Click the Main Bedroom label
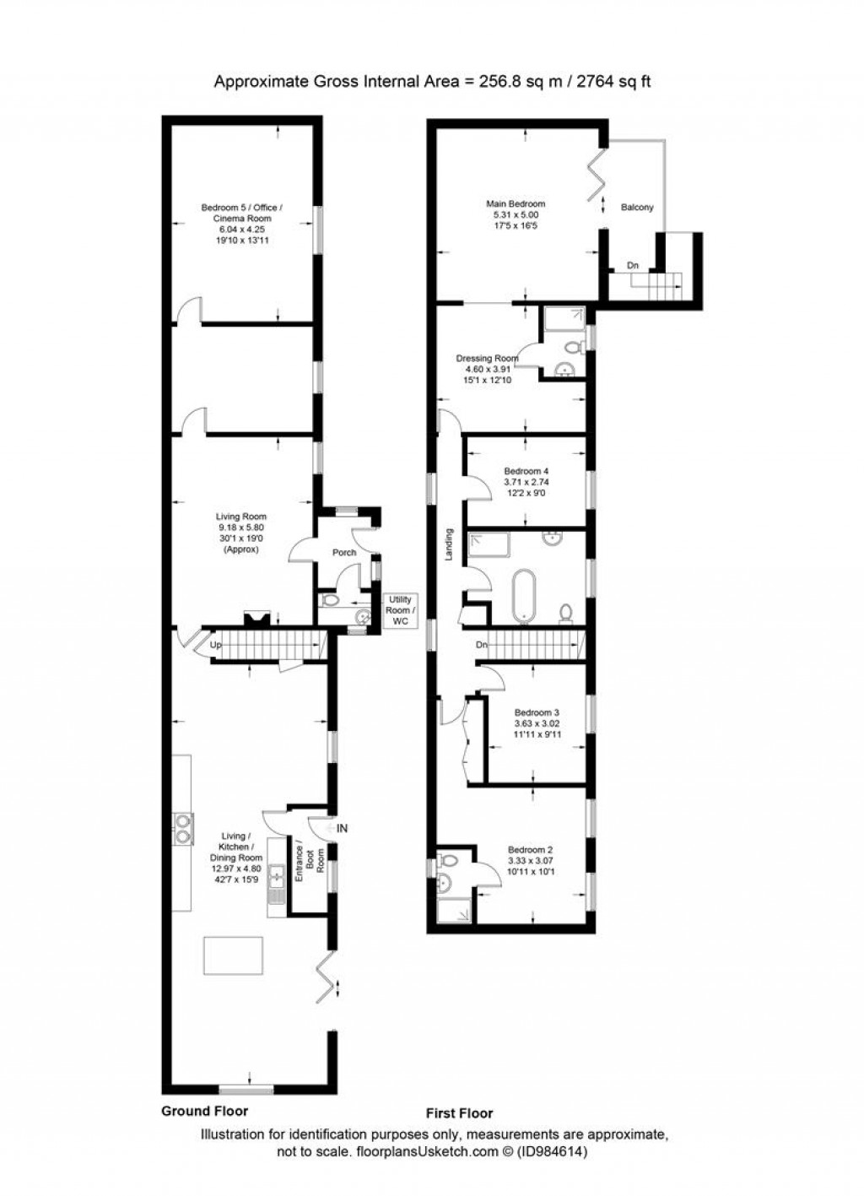pyautogui.click(x=515, y=203)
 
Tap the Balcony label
pyautogui.click(x=637, y=207)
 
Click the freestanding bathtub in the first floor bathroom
pyautogui.click(x=526, y=595)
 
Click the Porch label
pyautogui.click(x=344, y=553)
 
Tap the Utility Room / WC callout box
pyautogui.click(x=399, y=610)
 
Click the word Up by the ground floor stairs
pyautogui.click(x=216, y=644)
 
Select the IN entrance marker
pyautogui.click(x=342, y=829)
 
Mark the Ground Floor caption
pyautogui.click(x=204, y=1111)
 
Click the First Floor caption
pyautogui.click(x=460, y=1112)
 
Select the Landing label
pyautogui.click(x=449, y=544)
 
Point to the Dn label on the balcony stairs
pyautogui.click(x=633, y=266)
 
